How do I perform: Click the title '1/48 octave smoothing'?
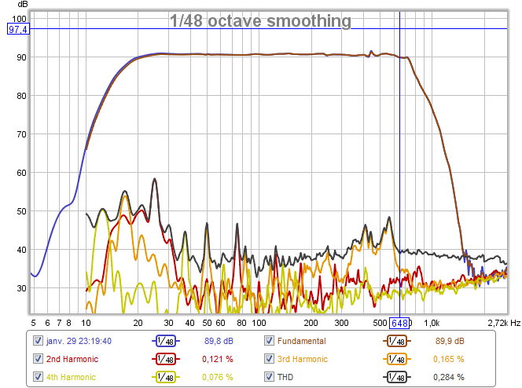[260, 21]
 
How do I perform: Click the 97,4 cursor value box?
[18, 29]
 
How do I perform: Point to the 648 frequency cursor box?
[400, 323]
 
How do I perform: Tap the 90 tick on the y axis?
[20, 57]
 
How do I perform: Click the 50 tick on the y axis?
[20, 211]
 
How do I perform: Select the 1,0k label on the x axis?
[432, 323]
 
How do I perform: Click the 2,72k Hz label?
[503, 323]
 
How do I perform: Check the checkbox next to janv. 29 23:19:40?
[38, 341]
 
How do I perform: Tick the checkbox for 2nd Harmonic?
[38, 359]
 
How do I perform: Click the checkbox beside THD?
[269, 377]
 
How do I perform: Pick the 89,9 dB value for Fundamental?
[450, 341]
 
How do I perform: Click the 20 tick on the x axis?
[138, 323]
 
